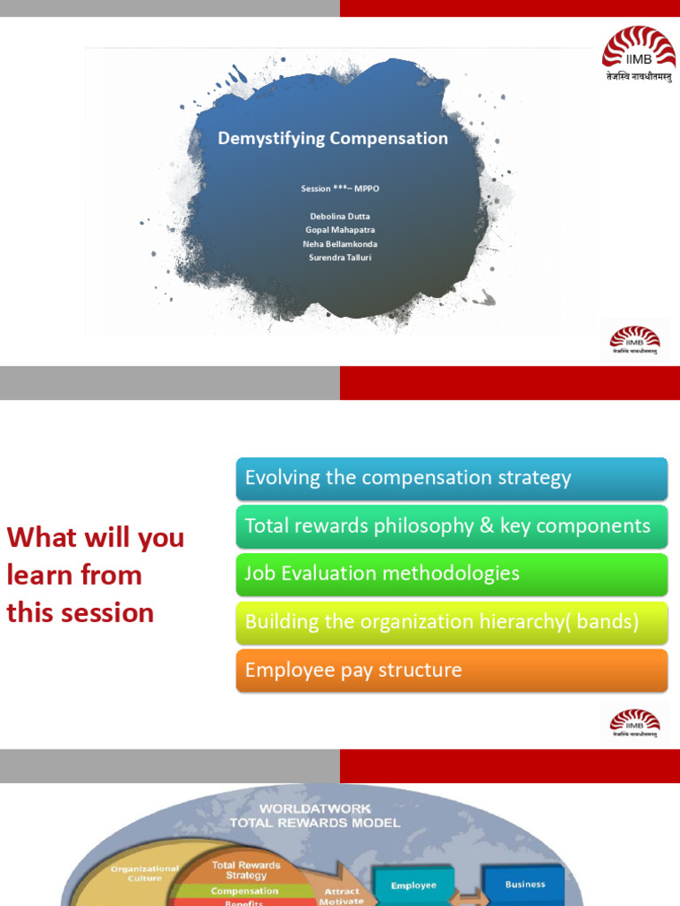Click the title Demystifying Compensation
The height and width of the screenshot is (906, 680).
click(333, 139)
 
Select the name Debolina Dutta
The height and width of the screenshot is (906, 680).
click(340, 216)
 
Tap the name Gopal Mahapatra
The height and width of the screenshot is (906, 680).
click(340, 230)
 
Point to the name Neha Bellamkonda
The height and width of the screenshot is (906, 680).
click(340, 244)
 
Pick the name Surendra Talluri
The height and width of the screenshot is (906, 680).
click(340, 258)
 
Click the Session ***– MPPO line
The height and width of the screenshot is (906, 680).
click(340, 188)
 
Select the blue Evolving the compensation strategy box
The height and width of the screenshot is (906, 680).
click(452, 479)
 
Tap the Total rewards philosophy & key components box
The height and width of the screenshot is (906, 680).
click(452, 526)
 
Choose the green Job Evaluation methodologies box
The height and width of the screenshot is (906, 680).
click(452, 574)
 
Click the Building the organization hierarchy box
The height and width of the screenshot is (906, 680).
click(452, 622)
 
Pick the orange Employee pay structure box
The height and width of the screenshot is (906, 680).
click(452, 671)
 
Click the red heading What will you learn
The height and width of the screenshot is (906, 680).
click(96, 574)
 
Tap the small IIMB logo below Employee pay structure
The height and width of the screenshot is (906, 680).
click(634, 724)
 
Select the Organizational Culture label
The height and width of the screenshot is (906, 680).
click(144, 874)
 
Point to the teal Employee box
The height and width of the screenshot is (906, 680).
click(413, 886)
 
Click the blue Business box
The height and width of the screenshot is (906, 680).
click(525, 885)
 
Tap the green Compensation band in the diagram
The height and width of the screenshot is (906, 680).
click(245, 891)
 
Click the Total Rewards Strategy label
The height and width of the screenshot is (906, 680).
click(245, 870)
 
